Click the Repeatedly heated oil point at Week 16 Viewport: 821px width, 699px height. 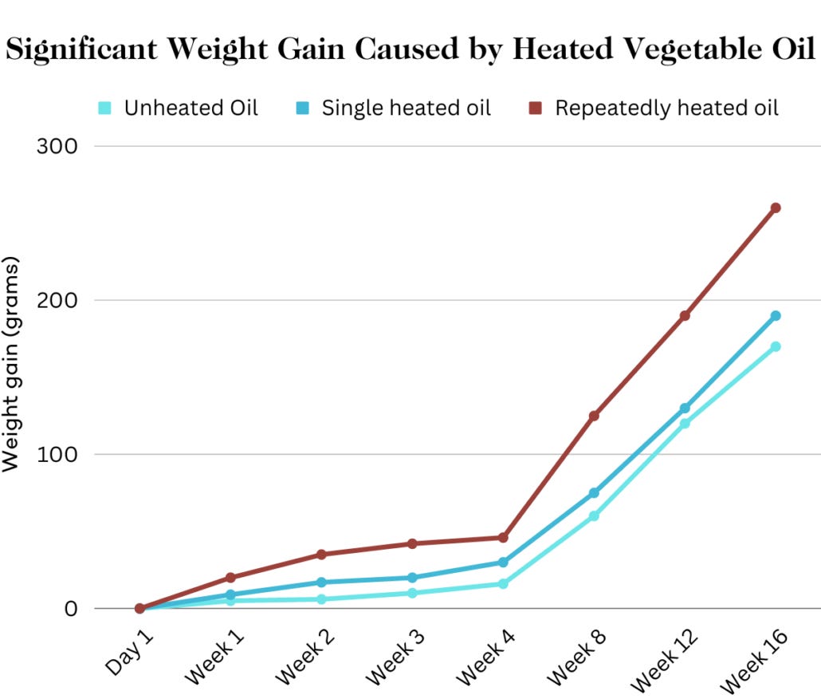[x=775, y=207]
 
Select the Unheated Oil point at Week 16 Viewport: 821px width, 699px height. [x=775, y=346]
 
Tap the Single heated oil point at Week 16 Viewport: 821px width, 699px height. [x=775, y=316]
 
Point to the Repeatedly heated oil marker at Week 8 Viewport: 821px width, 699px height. [x=594, y=416]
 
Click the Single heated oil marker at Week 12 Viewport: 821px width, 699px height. [x=685, y=408]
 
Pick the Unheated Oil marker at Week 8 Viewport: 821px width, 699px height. [x=594, y=515]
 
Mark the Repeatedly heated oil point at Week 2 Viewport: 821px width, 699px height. [x=321, y=554]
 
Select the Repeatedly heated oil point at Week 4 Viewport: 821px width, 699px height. [x=503, y=538]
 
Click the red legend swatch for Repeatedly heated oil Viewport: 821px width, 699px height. [x=535, y=108]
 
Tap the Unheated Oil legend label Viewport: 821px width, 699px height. [x=191, y=108]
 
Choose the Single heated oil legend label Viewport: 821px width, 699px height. [x=406, y=108]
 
